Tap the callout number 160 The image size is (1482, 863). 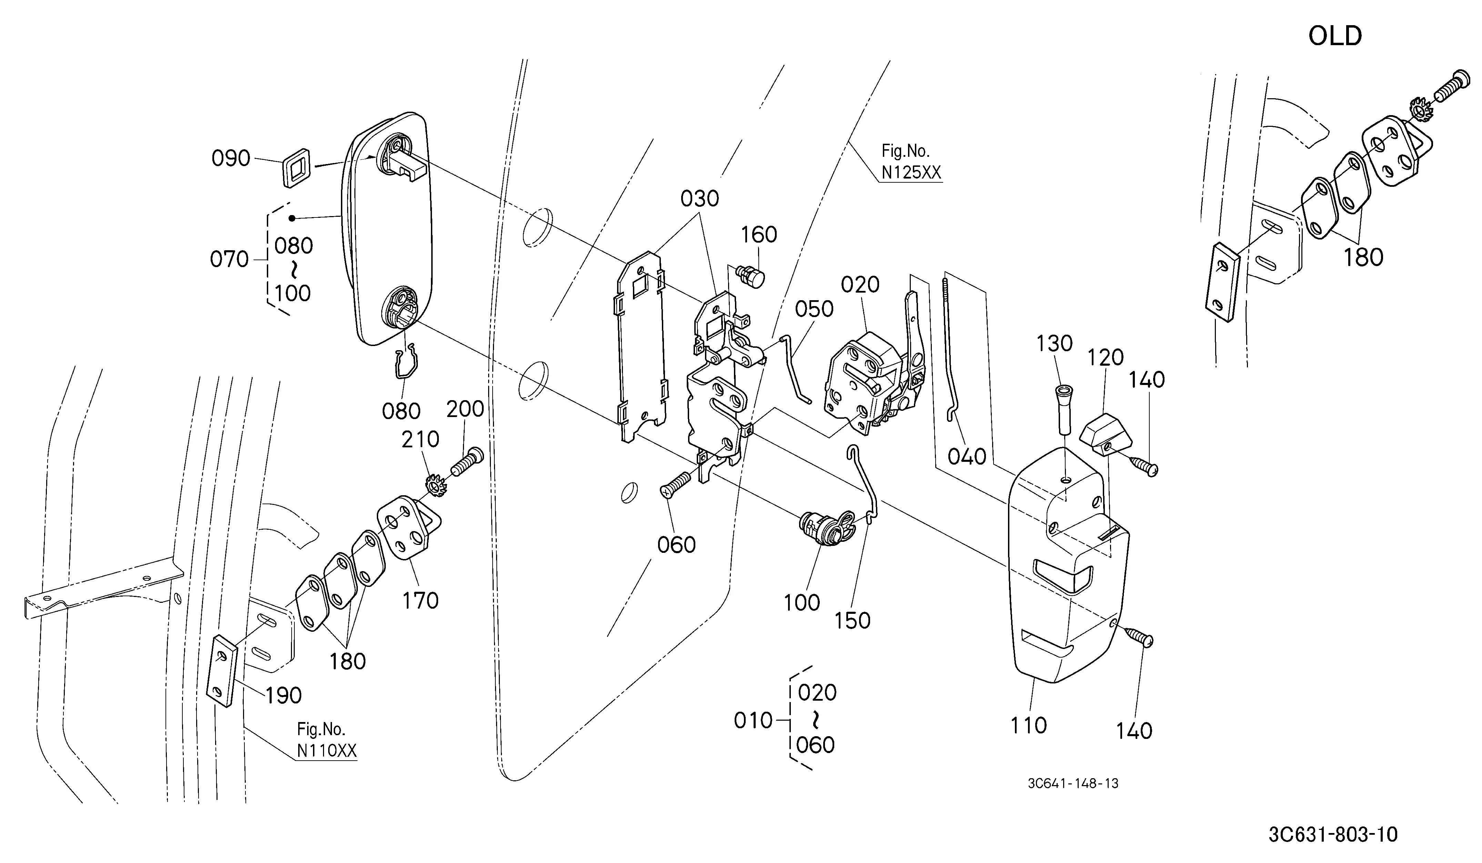pos(759,235)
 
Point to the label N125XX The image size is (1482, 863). pos(911,172)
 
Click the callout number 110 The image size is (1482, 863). pos(1029,725)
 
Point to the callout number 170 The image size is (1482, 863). pos(421,600)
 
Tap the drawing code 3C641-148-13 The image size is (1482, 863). pos(1073,784)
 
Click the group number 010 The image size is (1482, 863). pos(753,720)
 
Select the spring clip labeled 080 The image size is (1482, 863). pos(405,361)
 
